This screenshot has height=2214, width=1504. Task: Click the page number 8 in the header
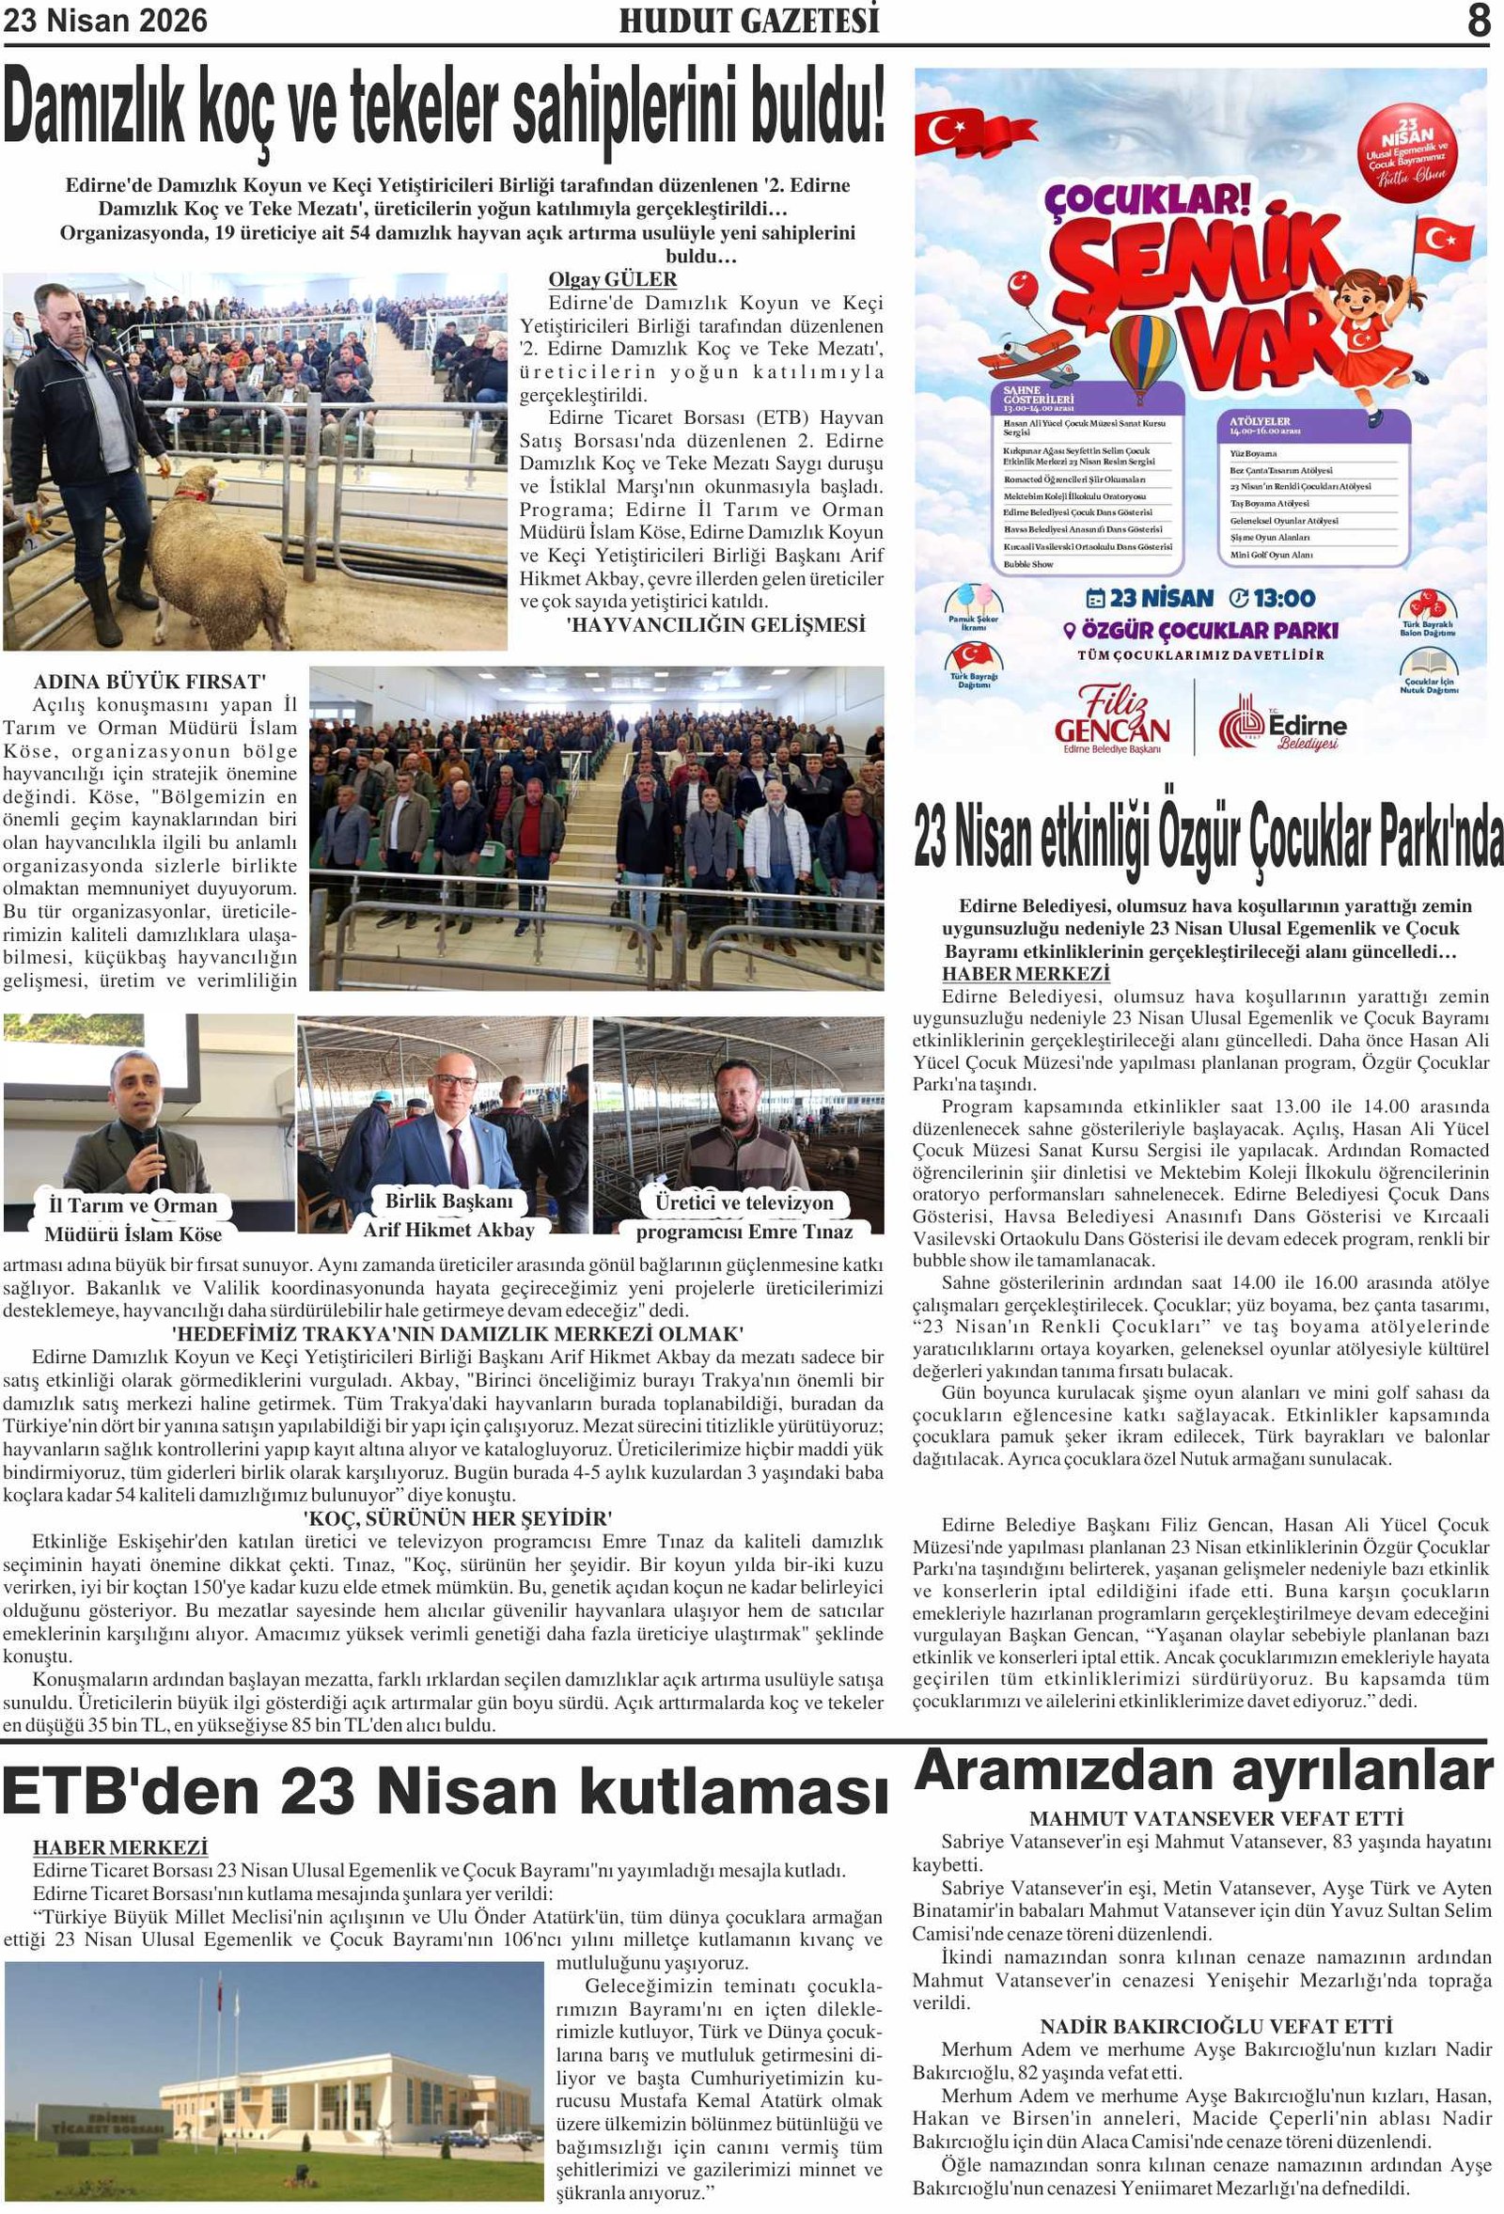point(1478,21)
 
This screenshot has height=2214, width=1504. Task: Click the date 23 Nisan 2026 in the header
point(105,21)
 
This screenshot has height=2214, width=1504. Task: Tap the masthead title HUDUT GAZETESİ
point(748,22)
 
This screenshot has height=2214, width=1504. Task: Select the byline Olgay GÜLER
point(613,279)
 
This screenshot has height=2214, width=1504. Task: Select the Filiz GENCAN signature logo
point(1112,720)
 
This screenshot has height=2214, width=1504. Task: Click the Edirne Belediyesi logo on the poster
point(1282,725)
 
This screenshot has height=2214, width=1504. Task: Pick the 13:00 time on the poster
point(1273,598)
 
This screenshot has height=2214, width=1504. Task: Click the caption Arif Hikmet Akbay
point(448,1230)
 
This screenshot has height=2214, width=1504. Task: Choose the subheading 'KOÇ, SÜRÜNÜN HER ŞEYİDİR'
point(456,1518)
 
